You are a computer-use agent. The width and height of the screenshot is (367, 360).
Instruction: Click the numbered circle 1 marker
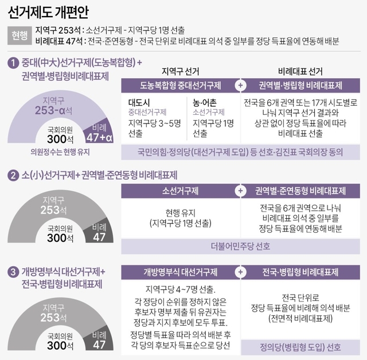[13, 62]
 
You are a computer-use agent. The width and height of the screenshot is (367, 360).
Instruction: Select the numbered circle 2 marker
[13, 175]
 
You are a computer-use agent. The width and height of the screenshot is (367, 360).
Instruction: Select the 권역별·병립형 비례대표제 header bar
[300, 86]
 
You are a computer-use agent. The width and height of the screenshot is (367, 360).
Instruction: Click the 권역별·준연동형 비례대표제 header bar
[300, 191]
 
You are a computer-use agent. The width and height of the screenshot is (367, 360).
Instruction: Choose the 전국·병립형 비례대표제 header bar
[300, 272]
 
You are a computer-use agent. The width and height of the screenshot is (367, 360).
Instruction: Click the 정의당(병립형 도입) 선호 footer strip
[300, 347]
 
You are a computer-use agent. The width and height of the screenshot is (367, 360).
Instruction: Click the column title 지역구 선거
[180, 71]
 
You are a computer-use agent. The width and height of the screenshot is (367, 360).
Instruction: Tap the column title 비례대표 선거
[300, 71]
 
